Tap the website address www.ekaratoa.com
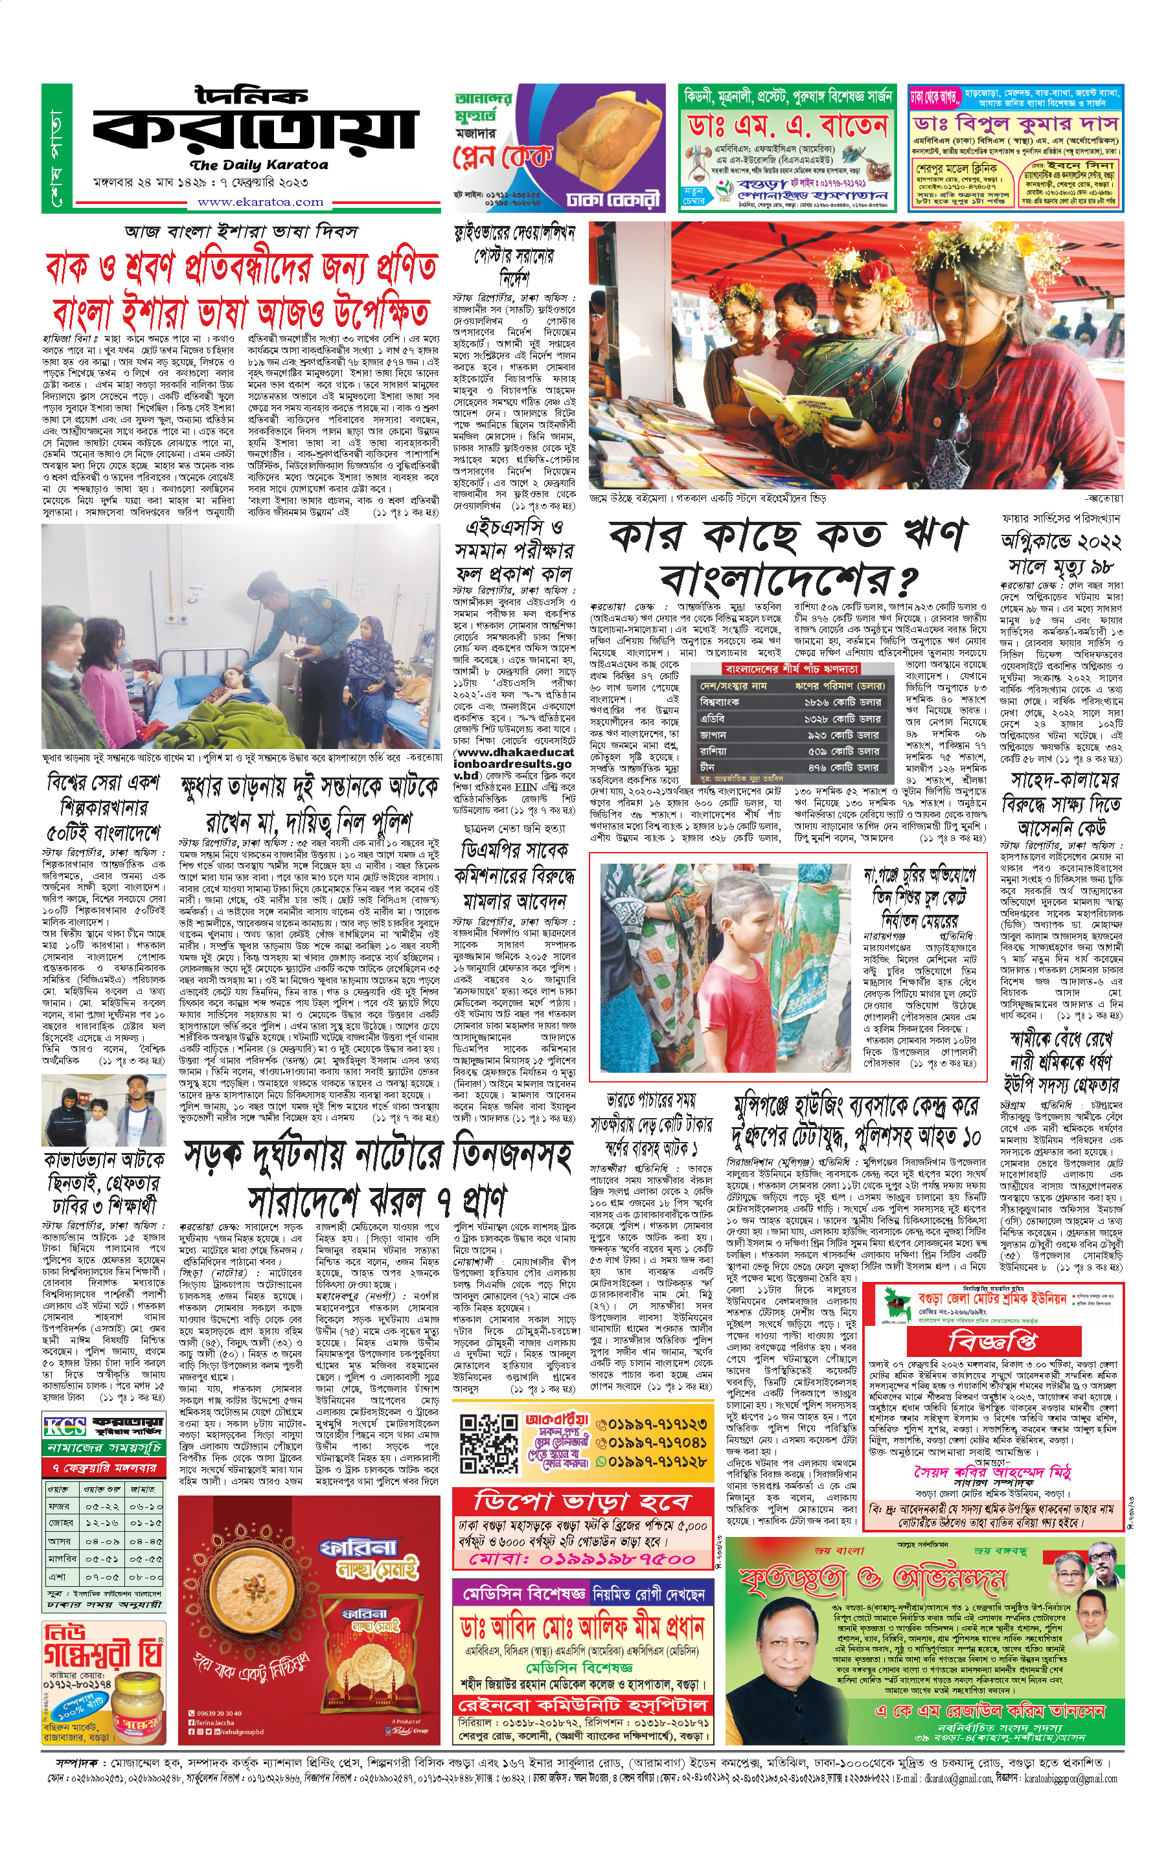click(260, 203)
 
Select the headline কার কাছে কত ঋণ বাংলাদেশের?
click(787, 555)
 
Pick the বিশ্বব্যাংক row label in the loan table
click(720, 702)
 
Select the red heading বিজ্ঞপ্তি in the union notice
click(992, 1342)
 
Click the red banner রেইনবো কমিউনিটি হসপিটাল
click(582, 1706)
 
